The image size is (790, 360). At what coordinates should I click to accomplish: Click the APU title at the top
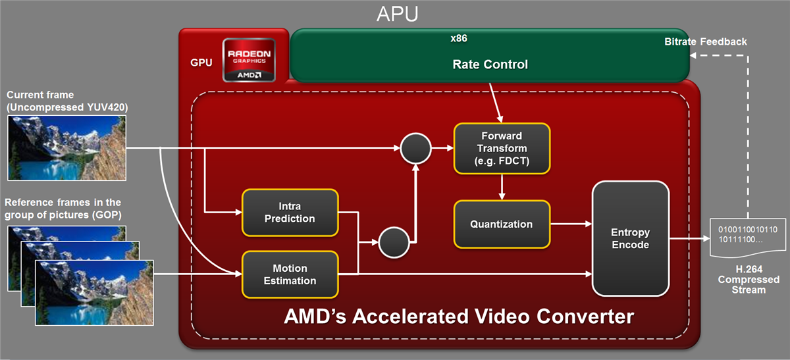397,14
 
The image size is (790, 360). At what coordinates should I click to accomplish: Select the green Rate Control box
490,64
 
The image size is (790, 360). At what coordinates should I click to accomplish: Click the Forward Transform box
502,149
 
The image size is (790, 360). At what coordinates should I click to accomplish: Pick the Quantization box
502,224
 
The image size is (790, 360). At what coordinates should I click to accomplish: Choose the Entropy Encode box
630,239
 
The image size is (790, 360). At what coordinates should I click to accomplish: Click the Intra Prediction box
290,212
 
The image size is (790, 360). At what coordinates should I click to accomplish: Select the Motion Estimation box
290,274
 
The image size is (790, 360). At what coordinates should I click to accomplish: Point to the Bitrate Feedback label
706,41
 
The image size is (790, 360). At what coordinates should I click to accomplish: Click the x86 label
459,39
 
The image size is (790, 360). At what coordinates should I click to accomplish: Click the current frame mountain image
66,147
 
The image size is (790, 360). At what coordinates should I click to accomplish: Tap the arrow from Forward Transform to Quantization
502,187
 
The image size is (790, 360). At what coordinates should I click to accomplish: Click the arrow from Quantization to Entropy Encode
571,224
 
